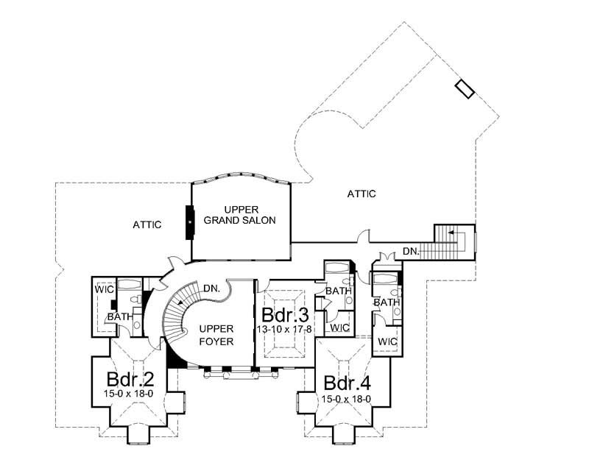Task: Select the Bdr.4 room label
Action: click(x=345, y=383)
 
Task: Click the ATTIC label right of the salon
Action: click(x=361, y=194)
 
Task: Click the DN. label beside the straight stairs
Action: click(x=412, y=251)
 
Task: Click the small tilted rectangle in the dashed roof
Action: click(x=465, y=89)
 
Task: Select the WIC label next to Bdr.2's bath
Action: click(x=102, y=288)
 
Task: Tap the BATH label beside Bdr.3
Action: click(x=338, y=291)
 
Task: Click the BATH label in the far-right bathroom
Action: click(x=386, y=302)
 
